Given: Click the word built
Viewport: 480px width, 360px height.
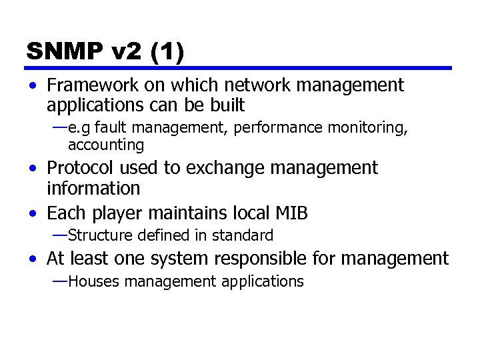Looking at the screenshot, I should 226,105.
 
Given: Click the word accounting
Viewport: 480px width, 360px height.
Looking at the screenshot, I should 106,145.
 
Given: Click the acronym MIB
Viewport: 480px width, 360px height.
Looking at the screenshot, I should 291,213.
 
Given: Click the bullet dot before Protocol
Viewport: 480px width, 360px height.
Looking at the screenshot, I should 33,169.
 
